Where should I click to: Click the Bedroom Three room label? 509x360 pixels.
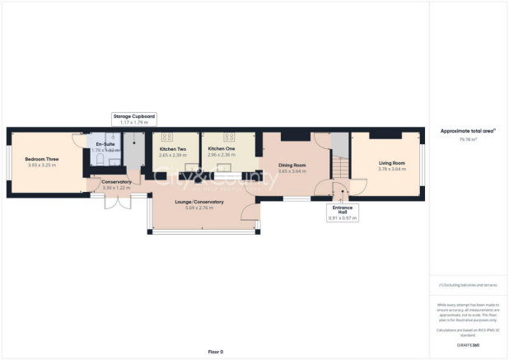coord(41,158)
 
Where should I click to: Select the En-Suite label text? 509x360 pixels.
coord(105,144)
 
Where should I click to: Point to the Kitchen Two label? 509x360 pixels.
coord(173,149)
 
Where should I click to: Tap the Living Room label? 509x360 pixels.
coord(392,163)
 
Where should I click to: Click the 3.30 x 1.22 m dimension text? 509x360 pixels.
coord(117,188)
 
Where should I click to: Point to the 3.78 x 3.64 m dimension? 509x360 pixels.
coord(392,169)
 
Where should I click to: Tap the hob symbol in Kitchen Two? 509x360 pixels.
coord(165,137)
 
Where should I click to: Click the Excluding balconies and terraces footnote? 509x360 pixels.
coord(468,285)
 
